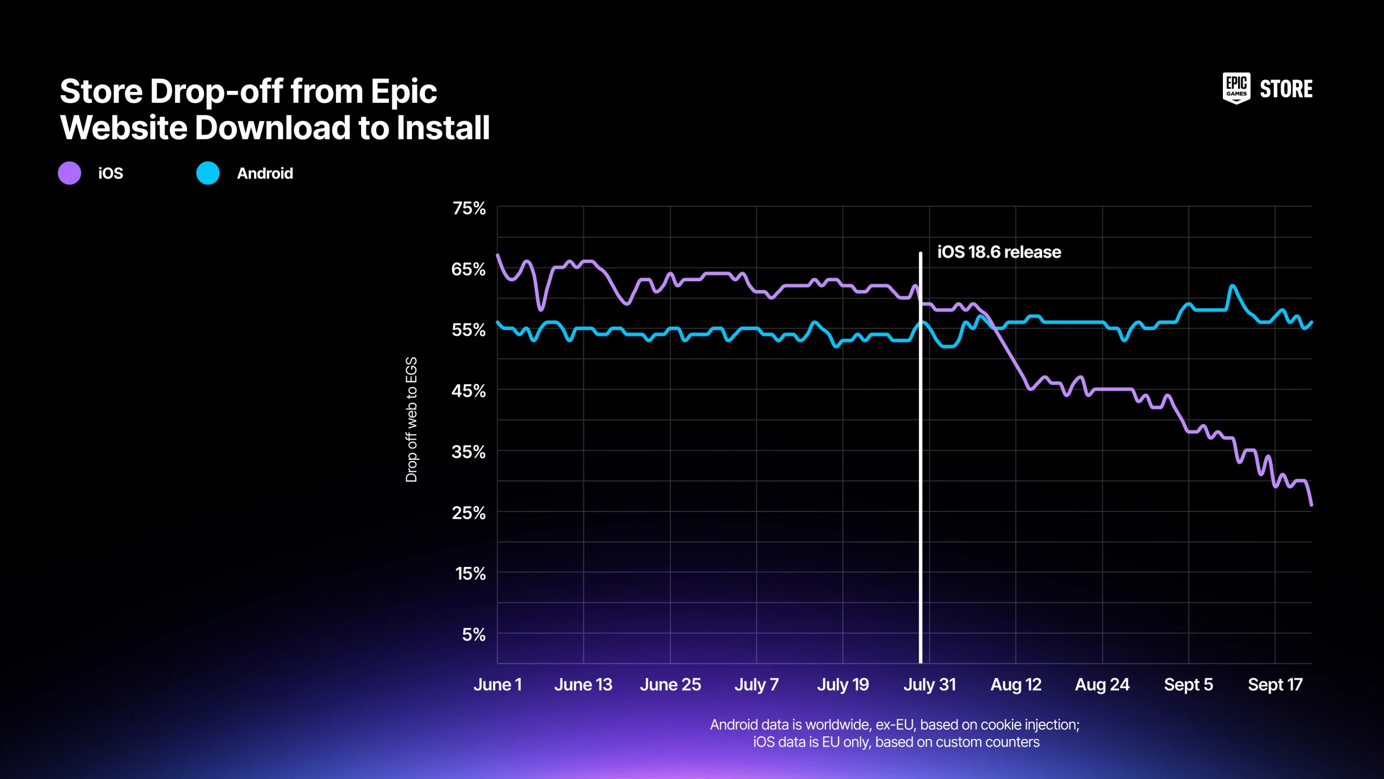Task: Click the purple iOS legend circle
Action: pos(69,173)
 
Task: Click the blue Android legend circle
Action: pos(208,173)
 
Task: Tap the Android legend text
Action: pos(265,174)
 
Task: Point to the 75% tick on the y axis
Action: pos(469,208)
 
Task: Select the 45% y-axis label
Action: pos(468,391)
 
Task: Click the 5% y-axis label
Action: pos(474,635)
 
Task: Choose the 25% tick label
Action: pos(468,513)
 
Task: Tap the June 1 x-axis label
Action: pos(497,685)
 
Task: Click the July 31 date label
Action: pos(929,685)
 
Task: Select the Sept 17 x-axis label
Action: pos(1275,685)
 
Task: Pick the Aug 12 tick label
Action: pos(1016,685)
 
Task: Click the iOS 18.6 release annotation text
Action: pos(999,252)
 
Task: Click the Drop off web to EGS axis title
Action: pos(411,419)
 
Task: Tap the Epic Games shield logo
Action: pos(1236,88)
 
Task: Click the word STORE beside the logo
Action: pos(1286,89)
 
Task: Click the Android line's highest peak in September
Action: pos(1233,286)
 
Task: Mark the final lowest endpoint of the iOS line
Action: pos(1311,504)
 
